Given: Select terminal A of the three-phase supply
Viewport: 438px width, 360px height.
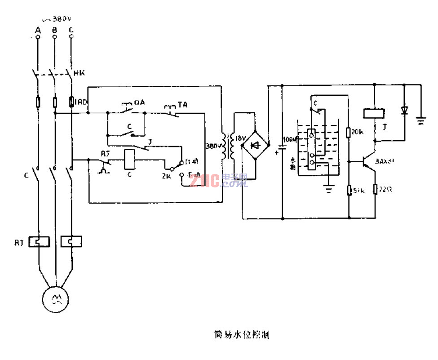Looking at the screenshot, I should pyautogui.click(x=38, y=37).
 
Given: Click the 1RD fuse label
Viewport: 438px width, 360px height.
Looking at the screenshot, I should pyautogui.click(x=81, y=103).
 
